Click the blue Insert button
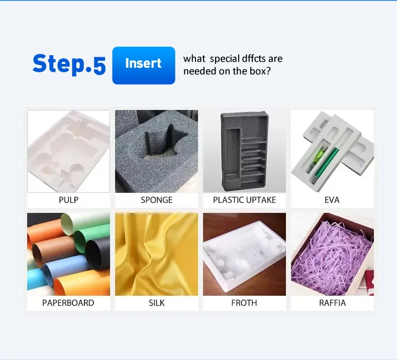[x=144, y=65]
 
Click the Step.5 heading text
[x=69, y=64]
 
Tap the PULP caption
[x=68, y=200]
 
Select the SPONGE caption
[x=156, y=200]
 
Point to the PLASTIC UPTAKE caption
[x=244, y=200]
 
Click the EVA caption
[x=332, y=200]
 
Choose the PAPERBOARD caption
[x=68, y=303]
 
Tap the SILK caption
[x=156, y=303]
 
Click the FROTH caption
[x=244, y=303]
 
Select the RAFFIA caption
[x=332, y=303]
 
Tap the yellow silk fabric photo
[x=156, y=254]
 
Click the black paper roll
[x=97, y=253]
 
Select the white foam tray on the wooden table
[x=244, y=256]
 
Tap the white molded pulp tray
[x=68, y=152]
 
